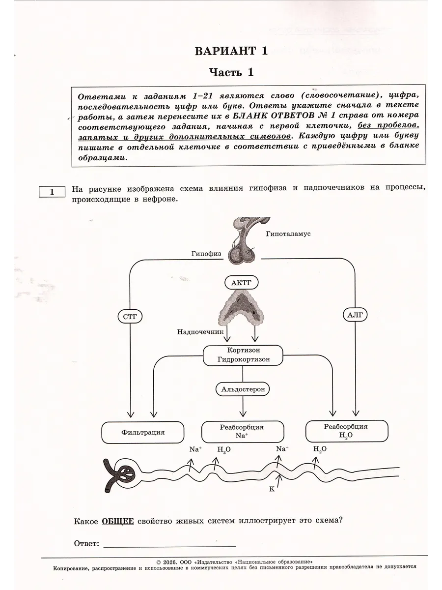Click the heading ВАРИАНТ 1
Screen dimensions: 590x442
pos(231,51)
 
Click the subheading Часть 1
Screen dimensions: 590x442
pos(231,73)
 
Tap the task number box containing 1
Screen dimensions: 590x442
pos(52,192)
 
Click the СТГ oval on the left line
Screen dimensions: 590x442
pos(130,317)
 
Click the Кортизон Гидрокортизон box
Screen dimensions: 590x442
pos(243,354)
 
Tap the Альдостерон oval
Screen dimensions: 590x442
pos(243,389)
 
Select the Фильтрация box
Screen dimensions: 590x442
pos(142,432)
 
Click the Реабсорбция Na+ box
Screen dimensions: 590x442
pos(243,431)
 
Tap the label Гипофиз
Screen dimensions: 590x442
pos(206,254)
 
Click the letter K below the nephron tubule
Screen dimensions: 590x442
pos(271,489)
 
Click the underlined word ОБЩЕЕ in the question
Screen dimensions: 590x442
pos(118,521)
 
